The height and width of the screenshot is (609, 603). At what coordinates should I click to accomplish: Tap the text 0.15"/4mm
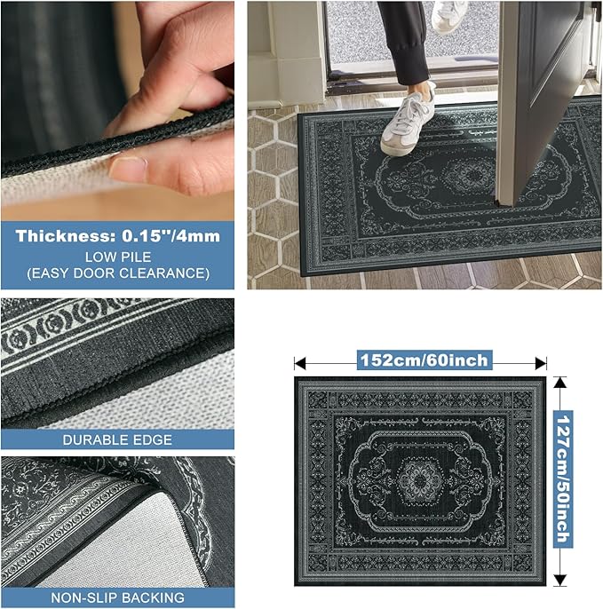(x=171, y=236)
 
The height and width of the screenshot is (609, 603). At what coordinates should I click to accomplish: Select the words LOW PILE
(x=118, y=257)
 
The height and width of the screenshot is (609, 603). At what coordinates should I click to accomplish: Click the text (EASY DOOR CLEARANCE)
(x=118, y=273)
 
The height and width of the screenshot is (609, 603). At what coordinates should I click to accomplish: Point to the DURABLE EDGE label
(x=117, y=439)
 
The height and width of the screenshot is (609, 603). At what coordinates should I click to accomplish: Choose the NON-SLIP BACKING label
(x=118, y=597)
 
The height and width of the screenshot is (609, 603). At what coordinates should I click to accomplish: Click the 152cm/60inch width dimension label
(x=424, y=360)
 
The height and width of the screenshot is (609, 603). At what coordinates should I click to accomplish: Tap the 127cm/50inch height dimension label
(x=563, y=478)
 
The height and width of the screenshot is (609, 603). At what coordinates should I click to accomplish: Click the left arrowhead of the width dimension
(x=300, y=364)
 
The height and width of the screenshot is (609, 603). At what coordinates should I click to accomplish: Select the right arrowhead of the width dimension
(x=541, y=364)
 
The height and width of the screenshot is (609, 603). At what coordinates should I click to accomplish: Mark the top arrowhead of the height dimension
(x=559, y=383)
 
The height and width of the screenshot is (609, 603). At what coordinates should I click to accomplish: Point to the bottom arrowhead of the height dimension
(x=559, y=580)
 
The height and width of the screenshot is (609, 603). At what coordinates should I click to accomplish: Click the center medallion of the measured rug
(x=420, y=481)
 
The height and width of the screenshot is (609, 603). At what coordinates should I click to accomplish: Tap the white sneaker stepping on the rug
(x=408, y=123)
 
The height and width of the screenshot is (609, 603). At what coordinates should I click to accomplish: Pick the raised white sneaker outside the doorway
(x=448, y=16)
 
